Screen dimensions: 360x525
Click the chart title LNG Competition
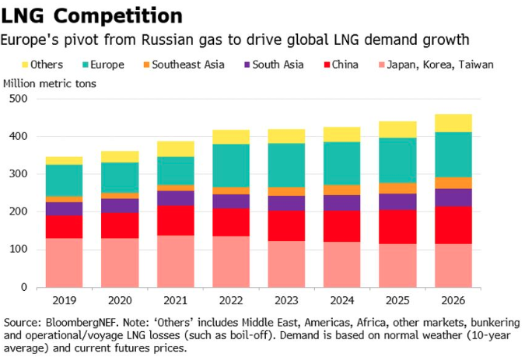tap(93, 15)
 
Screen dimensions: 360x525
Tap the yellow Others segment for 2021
tap(175, 149)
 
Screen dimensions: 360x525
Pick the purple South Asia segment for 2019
tap(64, 208)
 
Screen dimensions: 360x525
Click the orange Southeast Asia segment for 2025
tap(397, 187)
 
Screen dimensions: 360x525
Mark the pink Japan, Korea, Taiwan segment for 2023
tap(286, 264)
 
